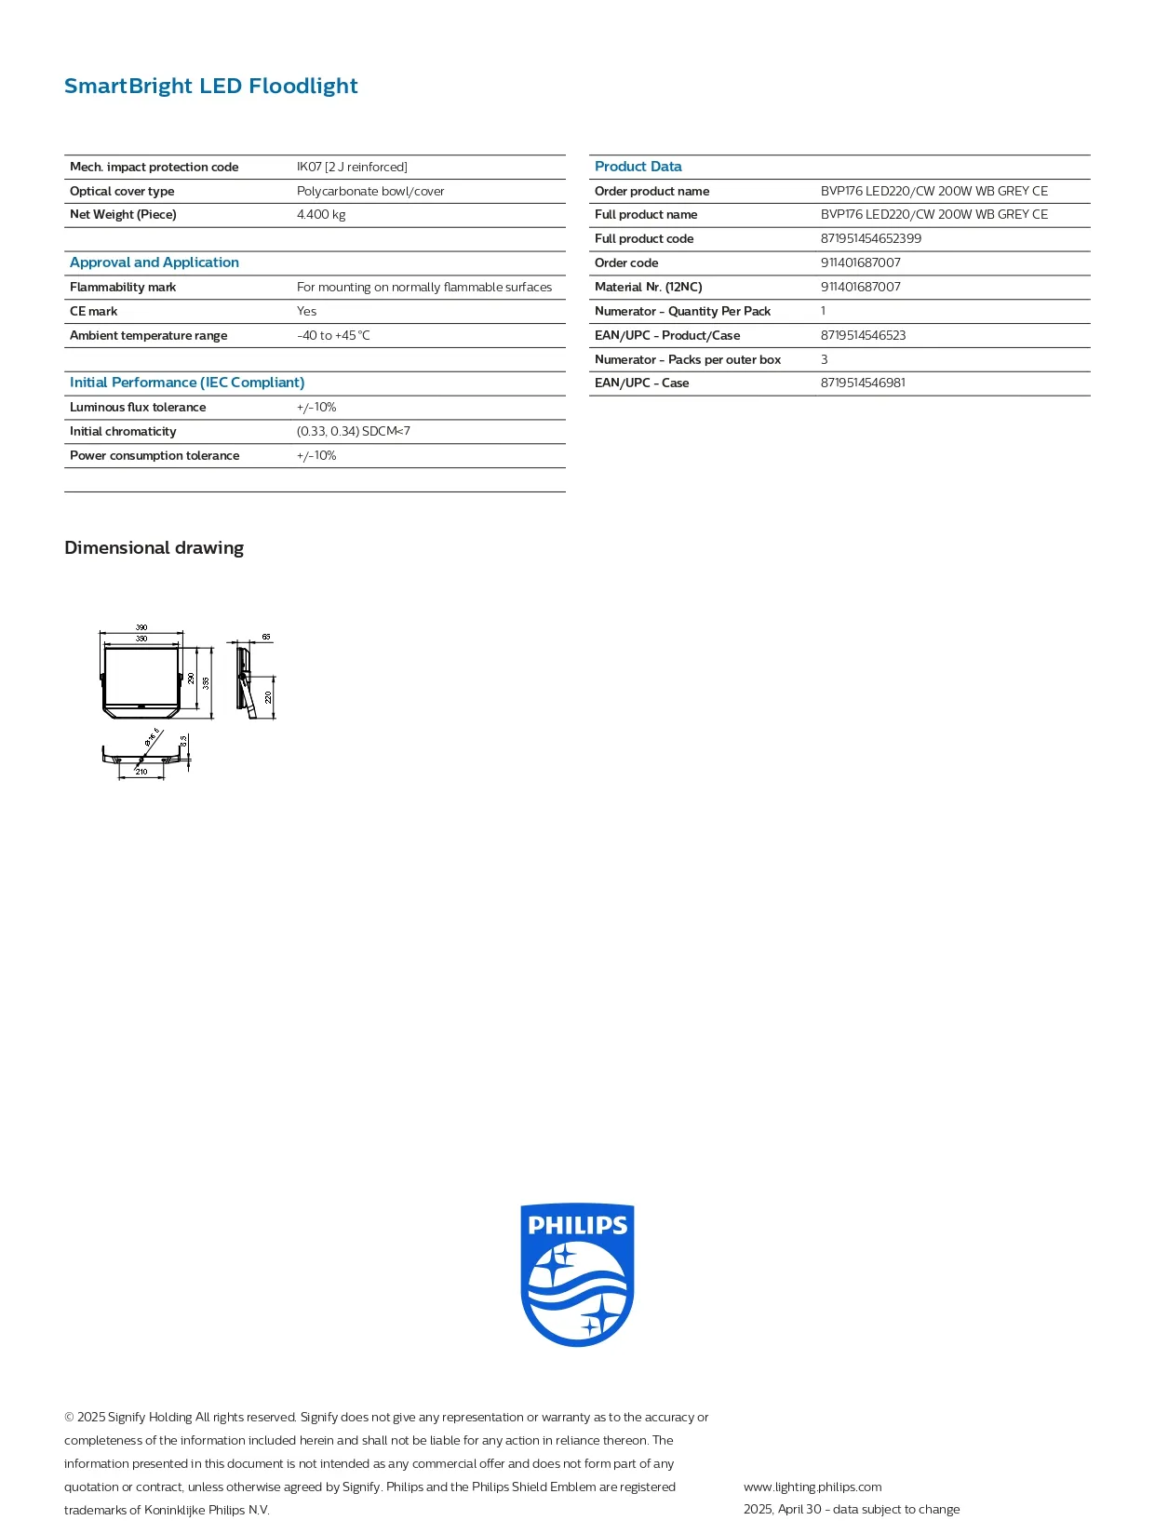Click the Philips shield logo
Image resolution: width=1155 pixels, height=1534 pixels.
577,1273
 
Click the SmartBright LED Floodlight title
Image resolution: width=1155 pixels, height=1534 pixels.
210,86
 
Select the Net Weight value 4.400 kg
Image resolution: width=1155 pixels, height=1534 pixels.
321,214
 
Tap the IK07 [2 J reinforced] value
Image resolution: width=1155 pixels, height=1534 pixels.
352,167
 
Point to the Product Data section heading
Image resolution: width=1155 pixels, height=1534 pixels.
638,166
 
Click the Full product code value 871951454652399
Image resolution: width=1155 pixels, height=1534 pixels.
870,238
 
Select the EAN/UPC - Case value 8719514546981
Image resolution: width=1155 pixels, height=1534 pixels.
863,383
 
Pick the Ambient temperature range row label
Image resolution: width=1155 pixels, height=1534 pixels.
148,335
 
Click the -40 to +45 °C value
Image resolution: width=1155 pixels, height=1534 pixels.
333,335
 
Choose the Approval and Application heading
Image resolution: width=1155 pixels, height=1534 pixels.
154,262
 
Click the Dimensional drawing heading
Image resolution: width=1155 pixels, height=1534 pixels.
154,547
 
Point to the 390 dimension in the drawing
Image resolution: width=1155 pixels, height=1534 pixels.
141,627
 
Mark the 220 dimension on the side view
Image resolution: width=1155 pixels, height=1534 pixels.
269,696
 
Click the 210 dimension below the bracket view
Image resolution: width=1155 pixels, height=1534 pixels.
141,772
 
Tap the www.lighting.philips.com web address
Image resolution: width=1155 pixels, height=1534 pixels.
813,1487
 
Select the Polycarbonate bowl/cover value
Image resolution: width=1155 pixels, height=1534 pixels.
370,191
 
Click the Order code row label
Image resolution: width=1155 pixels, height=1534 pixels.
626,262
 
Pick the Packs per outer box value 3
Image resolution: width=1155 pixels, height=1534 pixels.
824,359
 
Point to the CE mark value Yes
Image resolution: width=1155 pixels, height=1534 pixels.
306,311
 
